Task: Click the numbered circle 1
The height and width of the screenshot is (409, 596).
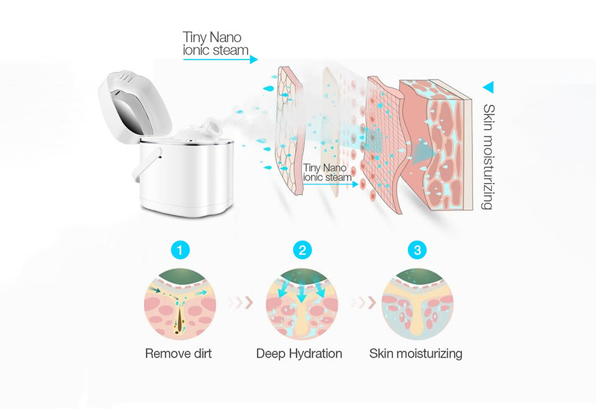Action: tap(180, 250)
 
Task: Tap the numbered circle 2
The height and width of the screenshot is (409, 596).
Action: tap(302, 250)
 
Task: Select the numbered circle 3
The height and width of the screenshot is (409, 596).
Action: tap(417, 250)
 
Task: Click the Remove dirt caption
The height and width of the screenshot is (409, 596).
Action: tap(178, 354)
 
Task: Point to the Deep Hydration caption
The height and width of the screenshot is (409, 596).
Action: tap(299, 354)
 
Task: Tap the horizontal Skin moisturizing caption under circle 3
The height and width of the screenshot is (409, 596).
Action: tap(416, 354)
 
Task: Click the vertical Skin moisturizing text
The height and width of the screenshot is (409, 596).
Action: tap(489, 157)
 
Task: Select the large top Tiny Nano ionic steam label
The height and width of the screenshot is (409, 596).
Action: tap(215, 43)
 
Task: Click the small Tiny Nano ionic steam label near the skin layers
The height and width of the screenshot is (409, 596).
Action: tap(327, 173)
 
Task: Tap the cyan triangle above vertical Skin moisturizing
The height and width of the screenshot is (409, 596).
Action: tap(489, 87)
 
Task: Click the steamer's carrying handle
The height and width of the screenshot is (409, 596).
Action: tap(147, 164)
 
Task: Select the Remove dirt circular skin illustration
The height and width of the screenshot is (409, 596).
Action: tap(180, 304)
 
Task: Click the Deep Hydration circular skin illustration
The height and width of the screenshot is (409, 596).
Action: tap(302, 304)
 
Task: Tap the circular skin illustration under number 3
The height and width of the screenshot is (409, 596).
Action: tap(417, 304)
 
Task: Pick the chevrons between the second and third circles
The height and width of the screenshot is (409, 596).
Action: tap(363, 302)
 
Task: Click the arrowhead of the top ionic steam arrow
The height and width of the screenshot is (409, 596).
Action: tap(254, 59)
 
